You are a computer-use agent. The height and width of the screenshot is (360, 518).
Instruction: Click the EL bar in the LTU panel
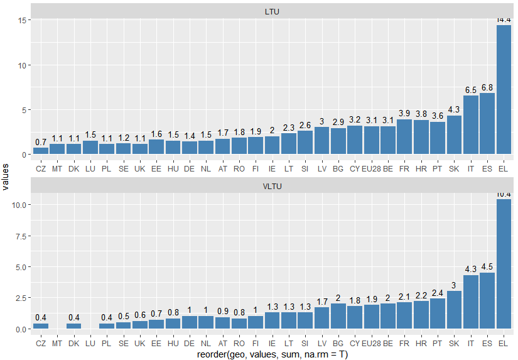click(504, 90)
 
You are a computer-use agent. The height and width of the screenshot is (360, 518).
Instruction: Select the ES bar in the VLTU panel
click(487, 301)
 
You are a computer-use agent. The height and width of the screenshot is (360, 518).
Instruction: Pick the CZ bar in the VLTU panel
click(41, 326)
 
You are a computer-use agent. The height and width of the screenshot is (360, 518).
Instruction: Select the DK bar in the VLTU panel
click(73, 326)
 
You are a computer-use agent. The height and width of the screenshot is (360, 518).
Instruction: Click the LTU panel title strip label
click(272, 12)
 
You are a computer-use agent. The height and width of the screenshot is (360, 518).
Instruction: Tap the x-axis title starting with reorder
click(272, 354)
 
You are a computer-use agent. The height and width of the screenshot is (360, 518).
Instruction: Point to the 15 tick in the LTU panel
click(20, 21)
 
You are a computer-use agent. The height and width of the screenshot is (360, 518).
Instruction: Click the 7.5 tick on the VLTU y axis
click(18, 236)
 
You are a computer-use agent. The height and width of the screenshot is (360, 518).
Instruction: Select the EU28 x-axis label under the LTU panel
click(371, 169)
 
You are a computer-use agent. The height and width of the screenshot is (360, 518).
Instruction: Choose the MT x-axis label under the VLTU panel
click(57, 344)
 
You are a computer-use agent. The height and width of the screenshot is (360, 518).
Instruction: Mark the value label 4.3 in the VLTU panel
click(471, 269)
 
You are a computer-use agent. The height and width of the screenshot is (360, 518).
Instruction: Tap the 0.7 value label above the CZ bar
click(41, 142)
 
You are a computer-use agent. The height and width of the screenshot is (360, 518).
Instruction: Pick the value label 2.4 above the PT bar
click(438, 293)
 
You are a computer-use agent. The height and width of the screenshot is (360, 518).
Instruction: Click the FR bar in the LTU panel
click(404, 137)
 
